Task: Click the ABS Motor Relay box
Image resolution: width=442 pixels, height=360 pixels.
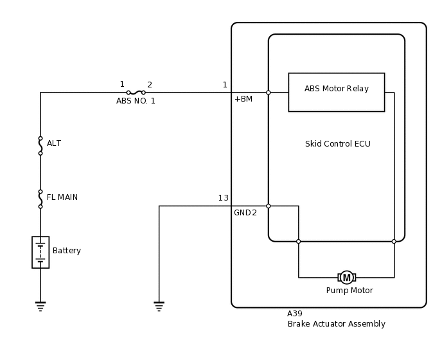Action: point(336,92)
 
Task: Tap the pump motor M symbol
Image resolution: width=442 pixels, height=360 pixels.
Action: point(347,278)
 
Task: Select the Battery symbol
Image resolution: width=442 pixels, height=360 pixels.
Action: point(40,252)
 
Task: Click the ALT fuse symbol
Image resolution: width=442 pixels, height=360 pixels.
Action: point(40,146)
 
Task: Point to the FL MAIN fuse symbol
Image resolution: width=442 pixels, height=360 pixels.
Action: point(40,199)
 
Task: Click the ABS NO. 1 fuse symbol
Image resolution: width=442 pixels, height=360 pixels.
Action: point(136,92)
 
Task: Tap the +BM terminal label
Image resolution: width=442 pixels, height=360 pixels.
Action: point(243,99)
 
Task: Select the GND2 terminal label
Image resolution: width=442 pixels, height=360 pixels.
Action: point(245,213)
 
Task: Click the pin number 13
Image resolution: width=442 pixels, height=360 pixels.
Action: point(223,198)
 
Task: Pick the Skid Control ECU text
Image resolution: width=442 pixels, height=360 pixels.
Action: point(337,144)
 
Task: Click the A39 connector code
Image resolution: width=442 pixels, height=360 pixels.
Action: point(294,314)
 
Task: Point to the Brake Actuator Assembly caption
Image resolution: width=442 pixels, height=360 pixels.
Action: point(336,324)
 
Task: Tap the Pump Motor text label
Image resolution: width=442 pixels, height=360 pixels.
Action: point(349,291)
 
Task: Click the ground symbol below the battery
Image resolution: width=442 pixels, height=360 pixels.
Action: point(40,306)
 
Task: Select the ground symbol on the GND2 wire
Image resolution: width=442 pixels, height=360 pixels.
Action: point(159,306)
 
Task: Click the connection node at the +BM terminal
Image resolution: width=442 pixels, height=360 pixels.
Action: point(269,93)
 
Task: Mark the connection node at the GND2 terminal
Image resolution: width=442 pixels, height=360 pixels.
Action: point(269,206)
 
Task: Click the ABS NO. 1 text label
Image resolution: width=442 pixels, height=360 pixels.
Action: point(136,101)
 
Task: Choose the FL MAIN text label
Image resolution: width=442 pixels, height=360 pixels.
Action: point(62,197)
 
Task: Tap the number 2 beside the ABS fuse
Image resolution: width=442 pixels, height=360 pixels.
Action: point(150,85)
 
